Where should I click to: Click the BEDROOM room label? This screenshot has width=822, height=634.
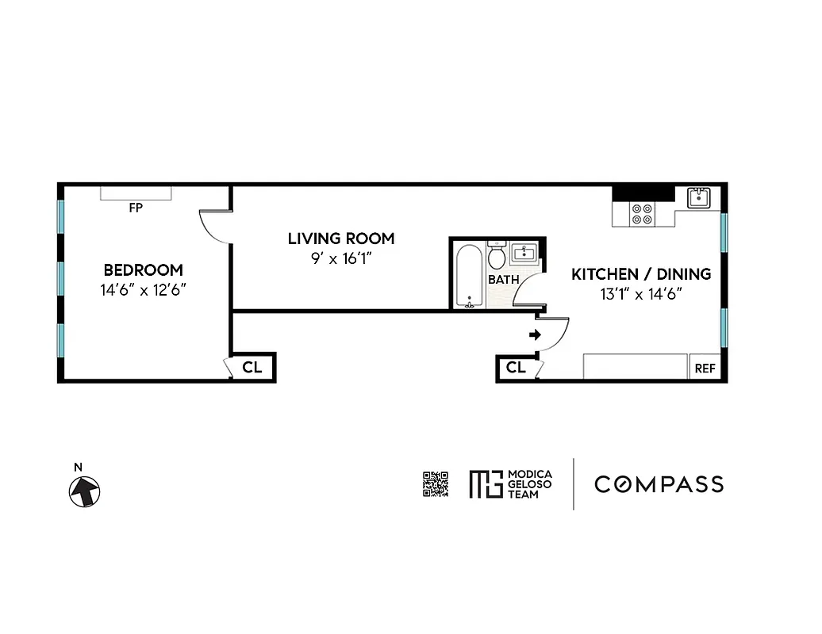click(x=143, y=269)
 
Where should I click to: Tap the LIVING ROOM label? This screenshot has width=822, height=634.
click(x=340, y=238)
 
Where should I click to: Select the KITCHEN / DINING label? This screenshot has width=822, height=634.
click(x=641, y=274)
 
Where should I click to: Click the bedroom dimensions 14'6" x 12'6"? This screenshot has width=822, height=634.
click(x=143, y=290)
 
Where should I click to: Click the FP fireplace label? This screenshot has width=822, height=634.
click(x=136, y=208)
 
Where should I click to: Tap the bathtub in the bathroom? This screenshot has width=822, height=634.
click(x=469, y=275)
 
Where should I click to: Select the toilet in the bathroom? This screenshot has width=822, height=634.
click(x=497, y=255)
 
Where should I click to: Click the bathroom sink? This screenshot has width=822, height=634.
click(x=524, y=254)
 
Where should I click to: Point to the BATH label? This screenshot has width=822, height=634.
click(x=504, y=280)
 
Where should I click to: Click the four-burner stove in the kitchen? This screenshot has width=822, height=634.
click(x=641, y=213)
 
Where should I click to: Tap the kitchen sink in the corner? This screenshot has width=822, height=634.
click(x=698, y=197)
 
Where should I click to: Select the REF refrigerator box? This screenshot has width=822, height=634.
click(x=705, y=368)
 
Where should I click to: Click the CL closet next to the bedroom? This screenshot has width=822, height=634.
click(x=252, y=368)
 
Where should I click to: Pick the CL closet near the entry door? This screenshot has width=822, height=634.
click(x=516, y=368)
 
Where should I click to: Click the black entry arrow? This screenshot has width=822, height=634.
click(x=536, y=335)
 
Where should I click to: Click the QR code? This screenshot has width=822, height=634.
click(x=436, y=483)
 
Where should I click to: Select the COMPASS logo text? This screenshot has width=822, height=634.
click(x=659, y=483)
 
